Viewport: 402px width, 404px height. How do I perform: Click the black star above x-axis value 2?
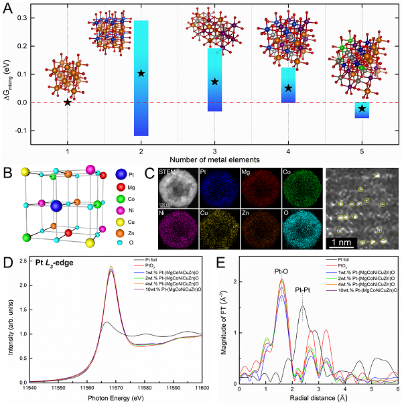pyautogui.click(x=141, y=72)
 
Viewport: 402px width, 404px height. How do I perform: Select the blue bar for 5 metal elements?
pyautogui.click(x=362, y=110)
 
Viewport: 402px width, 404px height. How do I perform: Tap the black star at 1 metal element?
pyautogui.click(x=67, y=103)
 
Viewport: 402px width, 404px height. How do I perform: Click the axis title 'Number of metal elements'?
pyautogui.click(x=214, y=159)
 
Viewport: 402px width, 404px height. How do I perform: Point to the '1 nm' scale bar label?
pyautogui.click(x=345, y=239)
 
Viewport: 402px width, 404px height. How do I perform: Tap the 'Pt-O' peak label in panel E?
pyautogui.click(x=282, y=273)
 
